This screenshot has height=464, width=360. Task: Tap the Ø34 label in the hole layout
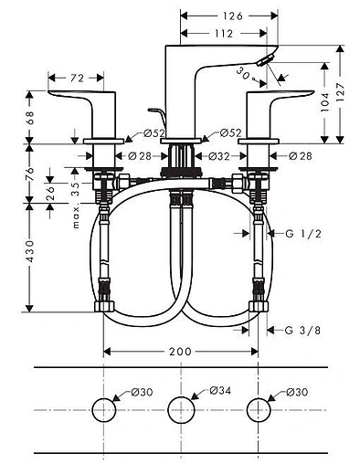[219, 390]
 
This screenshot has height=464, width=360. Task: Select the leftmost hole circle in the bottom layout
[106, 408]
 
